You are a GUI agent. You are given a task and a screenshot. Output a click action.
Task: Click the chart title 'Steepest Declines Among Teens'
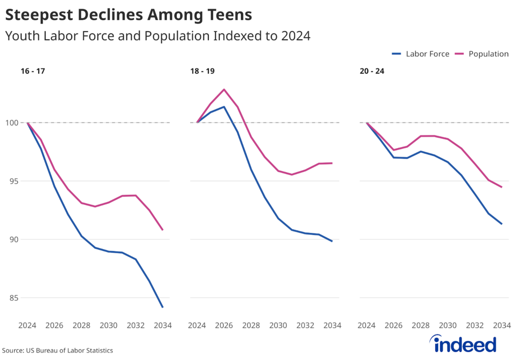[x=128, y=15]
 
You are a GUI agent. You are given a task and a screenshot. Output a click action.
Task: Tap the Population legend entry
[x=482, y=54]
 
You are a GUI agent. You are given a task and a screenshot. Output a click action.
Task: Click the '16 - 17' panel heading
[x=33, y=71]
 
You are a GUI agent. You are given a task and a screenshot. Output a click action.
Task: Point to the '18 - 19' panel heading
[x=202, y=71]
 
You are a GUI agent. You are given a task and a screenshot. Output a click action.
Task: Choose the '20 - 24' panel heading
[x=372, y=71]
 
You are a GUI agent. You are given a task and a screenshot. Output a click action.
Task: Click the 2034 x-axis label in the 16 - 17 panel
[x=162, y=325]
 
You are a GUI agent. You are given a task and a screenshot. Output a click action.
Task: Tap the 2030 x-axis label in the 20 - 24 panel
[x=448, y=325]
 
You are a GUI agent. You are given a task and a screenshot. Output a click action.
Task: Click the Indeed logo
[x=464, y=344]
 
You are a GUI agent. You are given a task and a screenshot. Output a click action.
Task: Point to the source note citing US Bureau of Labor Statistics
[x=58, y=350]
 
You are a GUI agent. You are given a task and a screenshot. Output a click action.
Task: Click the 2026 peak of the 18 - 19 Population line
[x=224, y=89]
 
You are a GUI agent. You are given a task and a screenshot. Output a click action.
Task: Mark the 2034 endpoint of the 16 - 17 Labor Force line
[x=163, y=307]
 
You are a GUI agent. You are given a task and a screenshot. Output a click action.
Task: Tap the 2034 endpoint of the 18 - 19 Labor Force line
[x=332, y=241]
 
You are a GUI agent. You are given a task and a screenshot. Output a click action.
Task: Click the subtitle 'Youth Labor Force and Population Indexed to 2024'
[x=158, y=36]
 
